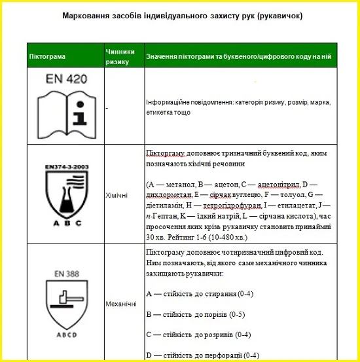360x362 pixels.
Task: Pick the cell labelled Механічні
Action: pos(120,304)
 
